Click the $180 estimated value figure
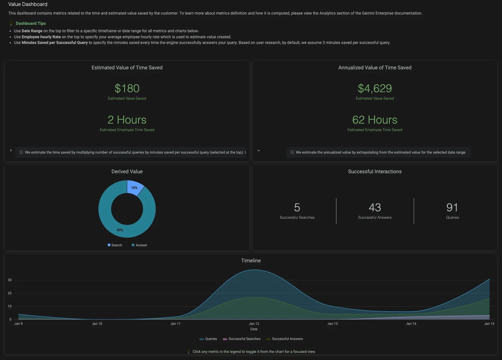point(127,89)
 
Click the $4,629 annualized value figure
point(375,89)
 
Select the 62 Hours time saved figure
point(375,120)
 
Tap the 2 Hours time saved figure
point(127,120)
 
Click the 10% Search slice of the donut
point(135,187)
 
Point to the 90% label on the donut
point(120,230)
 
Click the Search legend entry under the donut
point(115,245)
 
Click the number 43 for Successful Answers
point(375,208)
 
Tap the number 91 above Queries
point(452,208)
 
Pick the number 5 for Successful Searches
point(297,208)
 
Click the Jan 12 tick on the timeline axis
point(254,324)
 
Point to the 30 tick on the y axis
point(10,280)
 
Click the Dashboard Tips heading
point(31,23)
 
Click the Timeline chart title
point(251,261)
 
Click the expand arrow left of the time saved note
point(11,150)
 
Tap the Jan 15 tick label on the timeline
point(489,324)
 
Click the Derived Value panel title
point(127,172)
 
